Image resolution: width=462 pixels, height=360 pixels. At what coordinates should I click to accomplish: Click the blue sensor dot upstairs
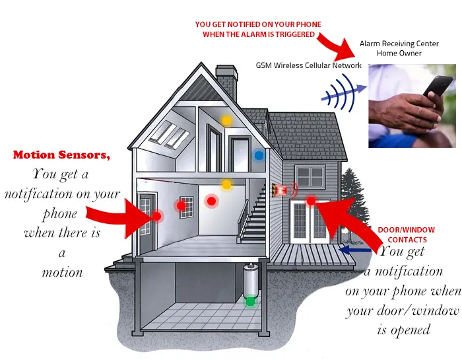259,155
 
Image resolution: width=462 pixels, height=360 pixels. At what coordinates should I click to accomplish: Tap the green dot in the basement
250,301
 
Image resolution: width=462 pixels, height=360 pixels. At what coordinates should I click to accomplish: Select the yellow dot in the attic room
226,121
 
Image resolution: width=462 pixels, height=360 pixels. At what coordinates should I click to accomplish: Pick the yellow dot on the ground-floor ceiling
226,184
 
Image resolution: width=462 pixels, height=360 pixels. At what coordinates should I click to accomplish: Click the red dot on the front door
157,217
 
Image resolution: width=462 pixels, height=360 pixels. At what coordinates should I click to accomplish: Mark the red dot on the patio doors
311,201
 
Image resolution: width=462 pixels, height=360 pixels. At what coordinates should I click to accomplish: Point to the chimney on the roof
226,82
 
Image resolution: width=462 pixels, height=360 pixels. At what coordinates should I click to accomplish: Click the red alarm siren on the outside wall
280,190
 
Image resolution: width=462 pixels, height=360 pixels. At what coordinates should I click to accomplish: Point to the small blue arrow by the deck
355,250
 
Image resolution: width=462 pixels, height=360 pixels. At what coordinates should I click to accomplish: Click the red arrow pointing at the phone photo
336,46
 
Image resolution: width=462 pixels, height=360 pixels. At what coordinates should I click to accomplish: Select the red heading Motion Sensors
61,155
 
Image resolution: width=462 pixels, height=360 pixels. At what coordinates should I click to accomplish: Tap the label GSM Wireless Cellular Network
308,65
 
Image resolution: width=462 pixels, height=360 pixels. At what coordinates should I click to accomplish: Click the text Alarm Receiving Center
399,44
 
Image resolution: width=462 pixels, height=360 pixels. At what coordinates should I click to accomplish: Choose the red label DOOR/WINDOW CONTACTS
407,234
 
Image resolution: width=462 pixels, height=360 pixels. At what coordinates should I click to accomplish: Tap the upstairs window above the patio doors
310,176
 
